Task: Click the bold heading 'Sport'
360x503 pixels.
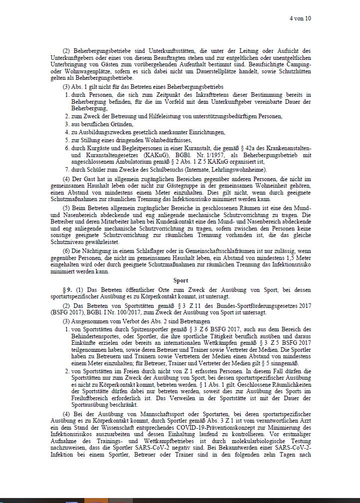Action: [180, 281]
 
